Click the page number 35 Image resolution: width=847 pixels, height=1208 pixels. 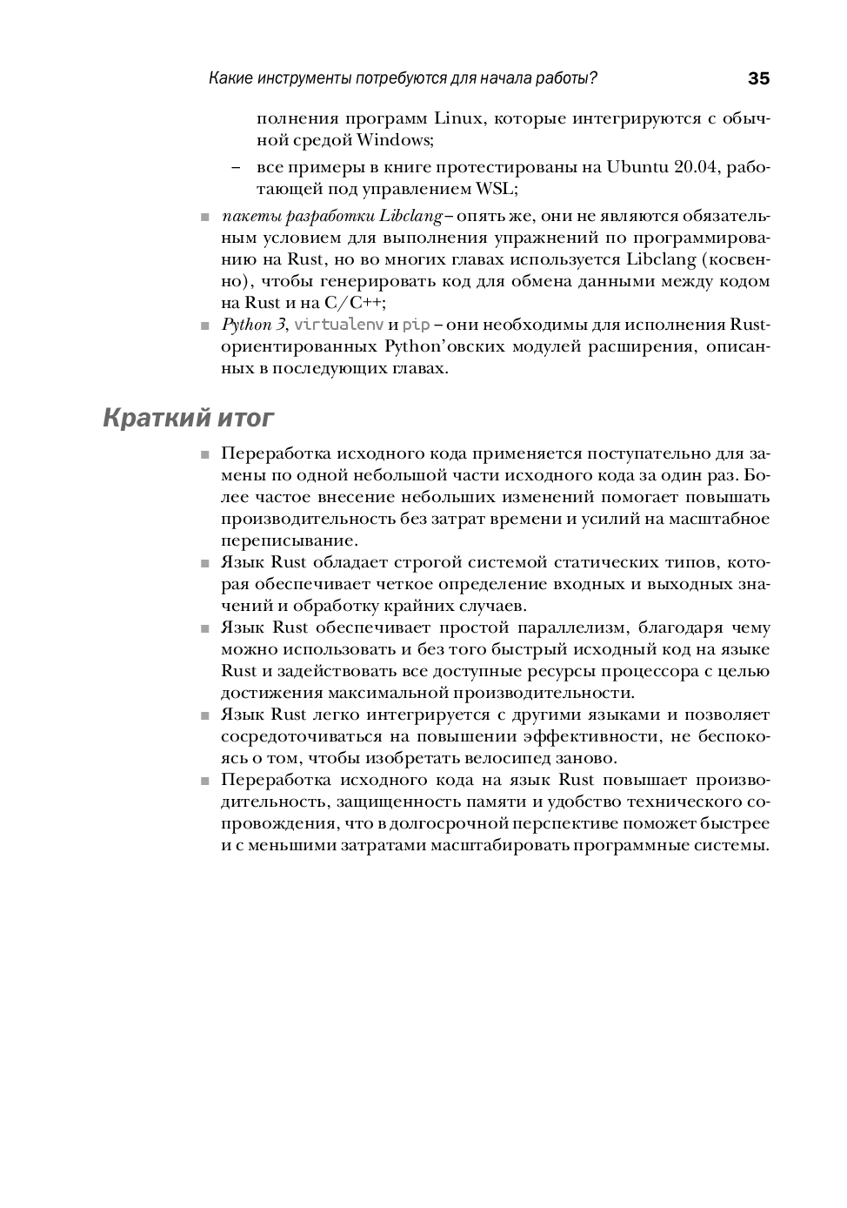point(758,79)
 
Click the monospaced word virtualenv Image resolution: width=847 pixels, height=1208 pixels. point(339,325)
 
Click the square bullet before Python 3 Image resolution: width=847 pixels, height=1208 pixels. point(205,326)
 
